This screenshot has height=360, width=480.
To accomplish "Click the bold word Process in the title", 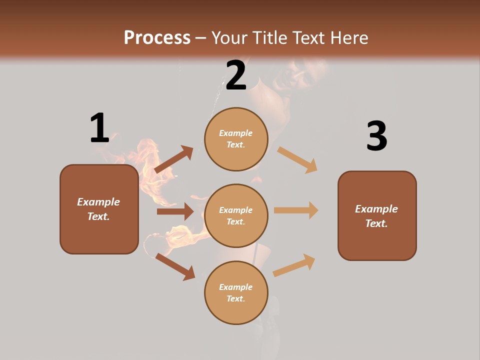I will (157, 37).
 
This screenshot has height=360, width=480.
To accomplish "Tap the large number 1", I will (99, 128).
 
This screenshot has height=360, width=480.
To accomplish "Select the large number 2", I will (236, 75).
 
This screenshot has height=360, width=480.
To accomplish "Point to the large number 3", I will (376, 136).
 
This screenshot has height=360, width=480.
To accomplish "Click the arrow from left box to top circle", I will (173, 159).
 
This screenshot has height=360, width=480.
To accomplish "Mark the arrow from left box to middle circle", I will (175, 211).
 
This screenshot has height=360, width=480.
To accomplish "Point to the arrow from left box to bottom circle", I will (175, 266).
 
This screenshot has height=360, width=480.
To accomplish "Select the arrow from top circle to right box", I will (297, 159).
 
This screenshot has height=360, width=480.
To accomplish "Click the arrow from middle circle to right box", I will (296, 210).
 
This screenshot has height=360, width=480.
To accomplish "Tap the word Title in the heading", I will (270, 37).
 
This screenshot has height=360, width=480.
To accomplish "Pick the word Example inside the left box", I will (98, 202).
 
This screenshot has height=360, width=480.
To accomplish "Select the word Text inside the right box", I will (376, 223).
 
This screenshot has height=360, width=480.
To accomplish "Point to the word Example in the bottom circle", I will (236, 287).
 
